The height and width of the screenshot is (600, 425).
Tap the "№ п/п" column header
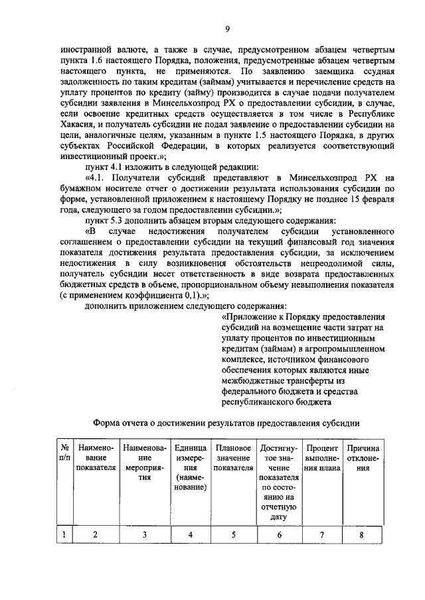coord(64,453)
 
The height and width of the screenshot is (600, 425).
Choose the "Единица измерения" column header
coord(189,467)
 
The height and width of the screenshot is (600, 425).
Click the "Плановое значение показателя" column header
coord(233,457)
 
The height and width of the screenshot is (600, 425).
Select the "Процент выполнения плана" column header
coord(322,457)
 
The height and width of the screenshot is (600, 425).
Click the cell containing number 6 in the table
coord(278,534)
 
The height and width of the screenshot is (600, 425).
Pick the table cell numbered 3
coord(145,534)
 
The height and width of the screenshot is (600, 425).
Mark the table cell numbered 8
coord(361,534)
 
